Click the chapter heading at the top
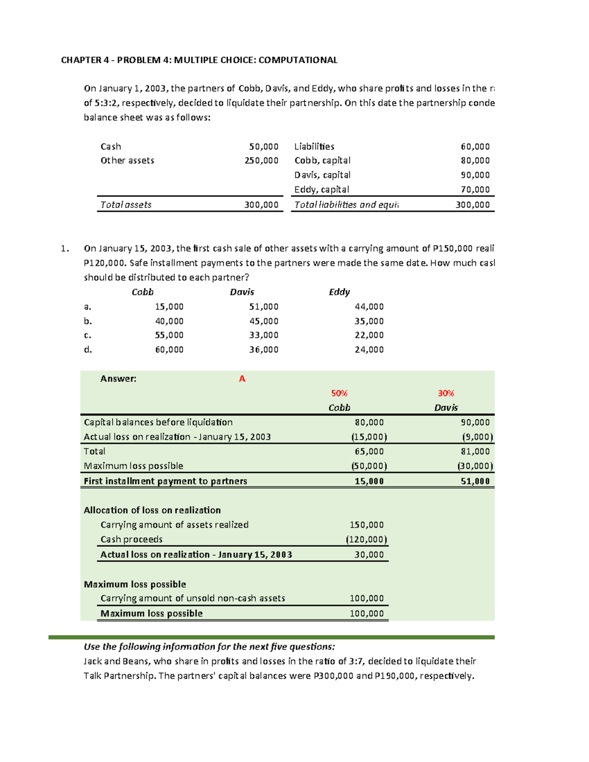[199, 60]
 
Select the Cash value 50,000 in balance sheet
[264, 147]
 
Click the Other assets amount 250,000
[262, 160]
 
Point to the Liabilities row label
[314, 147]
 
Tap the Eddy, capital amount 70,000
[475, 189]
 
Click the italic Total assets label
[126, 205]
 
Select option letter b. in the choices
[88, 321]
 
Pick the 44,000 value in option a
[369, 307]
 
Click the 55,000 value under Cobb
[169, 335]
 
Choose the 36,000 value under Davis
[264, 349]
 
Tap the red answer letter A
[241, 379]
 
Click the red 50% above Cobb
[339, 393]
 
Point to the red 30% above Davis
[446, 393]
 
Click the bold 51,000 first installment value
[475, 481]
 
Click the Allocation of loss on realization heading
[152, 510]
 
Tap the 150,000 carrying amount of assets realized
[366, 525]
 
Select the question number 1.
[65, 249]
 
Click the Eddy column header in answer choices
[339, 292]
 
